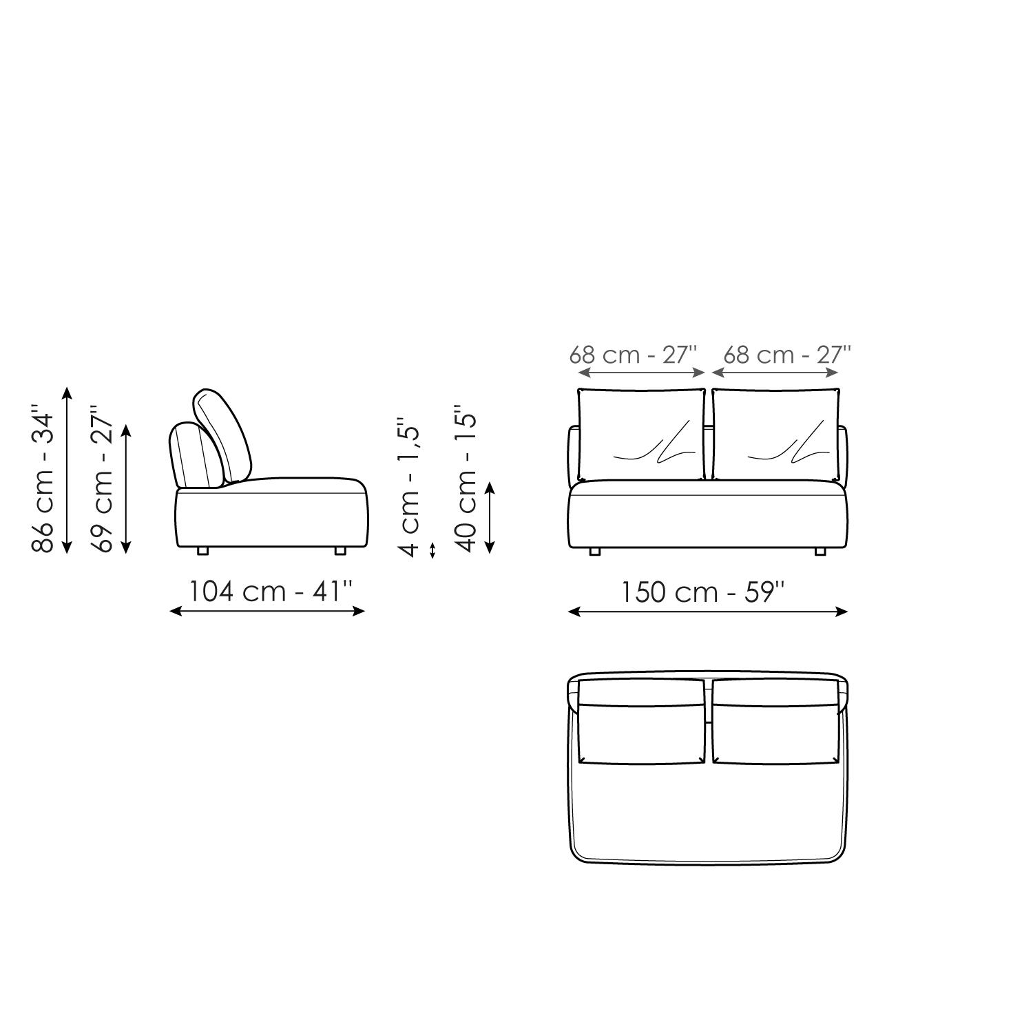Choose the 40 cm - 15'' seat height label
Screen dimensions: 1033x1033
pyautogui.click(x=467, y=482)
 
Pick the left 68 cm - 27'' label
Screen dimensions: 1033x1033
pyautogui.click(x=633, y=355)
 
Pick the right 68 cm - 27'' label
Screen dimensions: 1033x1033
pyautogui.click(x=787, y=355)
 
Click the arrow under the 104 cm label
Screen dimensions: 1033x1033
pyautogui.click(x=267, y=611)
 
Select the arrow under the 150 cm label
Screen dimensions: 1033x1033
pyautogui.click(x=707, y=612)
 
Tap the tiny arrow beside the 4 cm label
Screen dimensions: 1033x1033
pyautogui.click(x=432, y=550)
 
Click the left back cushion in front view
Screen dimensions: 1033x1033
pyautogui.click(x=641, y=435)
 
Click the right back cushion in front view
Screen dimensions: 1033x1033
pyautogui.click(x=776, y=435)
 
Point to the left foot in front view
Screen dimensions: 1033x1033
pyautogui.click(x=595, y=552)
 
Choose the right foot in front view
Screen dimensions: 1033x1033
pyautogui.click(x=820, y=552)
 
